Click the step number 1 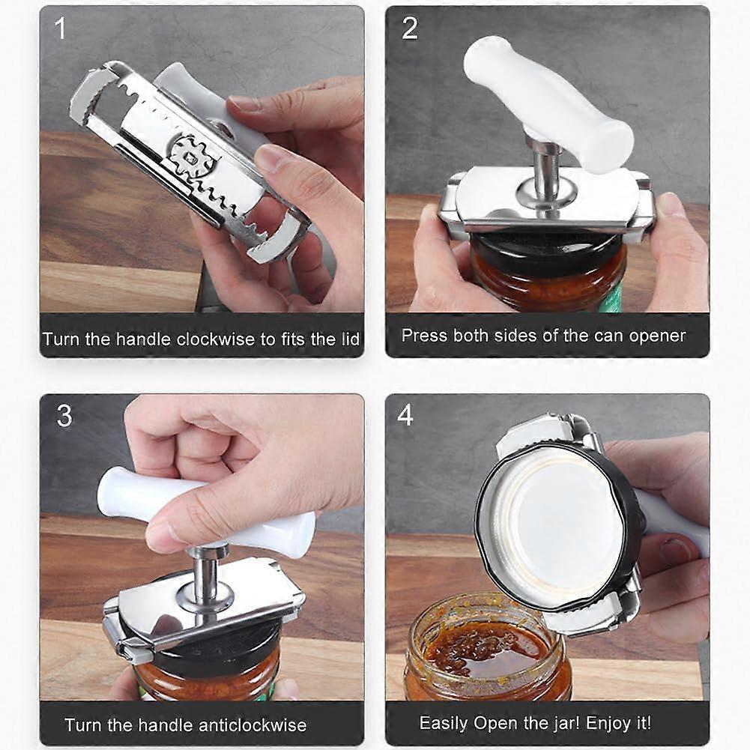coord(60,28)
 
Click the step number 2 coord(410,28)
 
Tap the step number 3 coord(64,415)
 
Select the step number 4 coord(405,414)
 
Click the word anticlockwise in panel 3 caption coord(252,725)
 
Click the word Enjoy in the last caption coord(606,723)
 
